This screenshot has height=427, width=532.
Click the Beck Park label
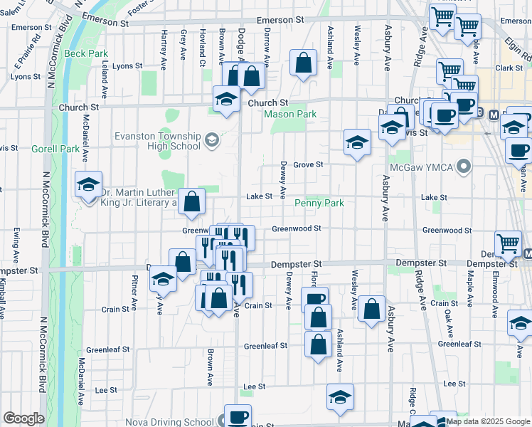tap(86, 53)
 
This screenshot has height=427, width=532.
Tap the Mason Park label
tap(290, 114)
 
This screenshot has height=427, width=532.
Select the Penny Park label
tap(320, 203)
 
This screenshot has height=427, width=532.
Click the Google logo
tap(23, 418)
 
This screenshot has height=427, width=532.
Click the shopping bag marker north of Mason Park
tap(304, 63)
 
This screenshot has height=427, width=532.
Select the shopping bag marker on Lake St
tap(191, 201)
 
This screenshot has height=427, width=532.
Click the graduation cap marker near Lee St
tap(340, 397)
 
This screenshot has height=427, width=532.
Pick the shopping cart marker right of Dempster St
tap(508, 244)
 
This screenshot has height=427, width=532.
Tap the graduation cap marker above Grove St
tap(357, 142)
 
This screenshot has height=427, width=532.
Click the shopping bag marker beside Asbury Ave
tap(371, 309)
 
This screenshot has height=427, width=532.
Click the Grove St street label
tap(308, 164)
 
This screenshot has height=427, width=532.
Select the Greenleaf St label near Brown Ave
tap(107, 349)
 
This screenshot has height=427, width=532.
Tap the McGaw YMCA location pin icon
tap(464, 168)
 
